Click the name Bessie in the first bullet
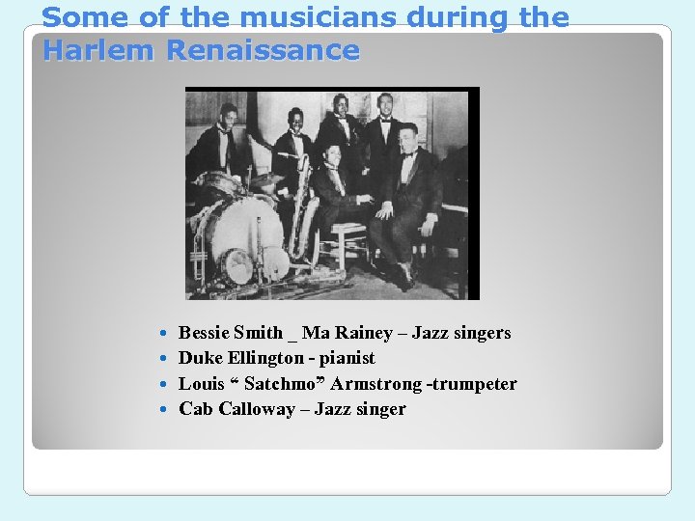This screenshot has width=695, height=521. click(x=204, y=333)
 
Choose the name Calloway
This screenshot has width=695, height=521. click(x=257, y=409)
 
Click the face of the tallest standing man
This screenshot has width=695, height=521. click(x=385, y=105)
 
